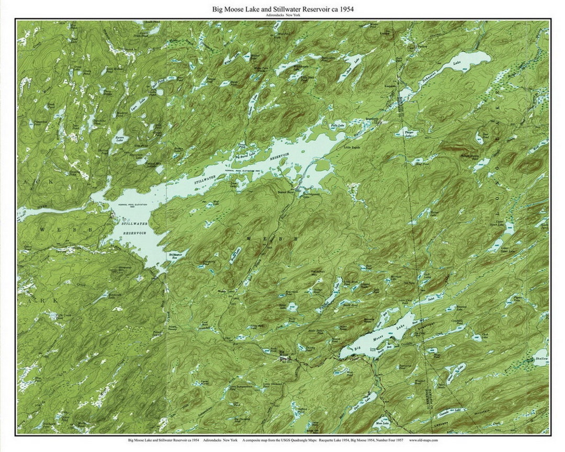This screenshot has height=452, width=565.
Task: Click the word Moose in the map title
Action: coord(241,9)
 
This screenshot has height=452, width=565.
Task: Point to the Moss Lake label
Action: coord(381,425)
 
